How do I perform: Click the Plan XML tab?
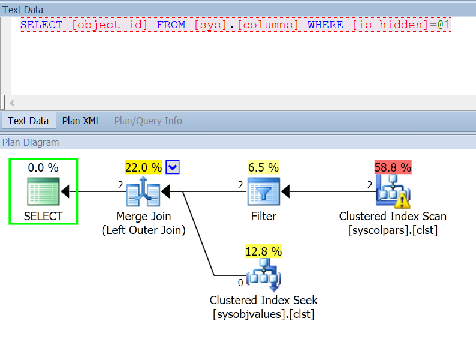pyautogui.click(x=81, y=121)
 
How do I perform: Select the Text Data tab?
pyautogui.click(x=28, y=121)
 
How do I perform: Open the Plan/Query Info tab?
pyautogui.click(x=148, y=121)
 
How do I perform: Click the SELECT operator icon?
pyautogui.click(x=43, y=191)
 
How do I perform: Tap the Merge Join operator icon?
pyautogui.click(x=143, y=191)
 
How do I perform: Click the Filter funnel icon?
pyautogui.click(x=264, y=191)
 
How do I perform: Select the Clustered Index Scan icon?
pyautogui.click(x=393, y=191)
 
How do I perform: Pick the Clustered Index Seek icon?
pyautogui.click(x=264, y=275)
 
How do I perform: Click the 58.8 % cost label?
pyautogui.click(x=393, y=167)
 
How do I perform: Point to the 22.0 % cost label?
pyautogui.click(x=144, y=167)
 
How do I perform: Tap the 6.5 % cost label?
pyautogui.click(x=263, y=167)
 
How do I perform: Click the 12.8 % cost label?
pyautogui.click(x=264, y=251)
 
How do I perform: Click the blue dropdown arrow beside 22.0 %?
pyautogui.click(x=173, y=167)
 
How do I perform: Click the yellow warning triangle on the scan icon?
pyautogui.click(x=402, y=200)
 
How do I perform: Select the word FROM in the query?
pyautogui.click(x=171, y=25)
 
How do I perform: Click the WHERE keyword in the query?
pyautogui.click(x=325, y=25)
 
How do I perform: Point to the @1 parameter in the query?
pyautogui.click(x=444, y=25)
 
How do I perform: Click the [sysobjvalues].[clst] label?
pyautogui.click(x=264, y=314)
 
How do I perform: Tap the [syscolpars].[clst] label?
pyautogui.click(x=393, y=230)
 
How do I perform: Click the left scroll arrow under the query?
pyautogui.click(x=13, y=103)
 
